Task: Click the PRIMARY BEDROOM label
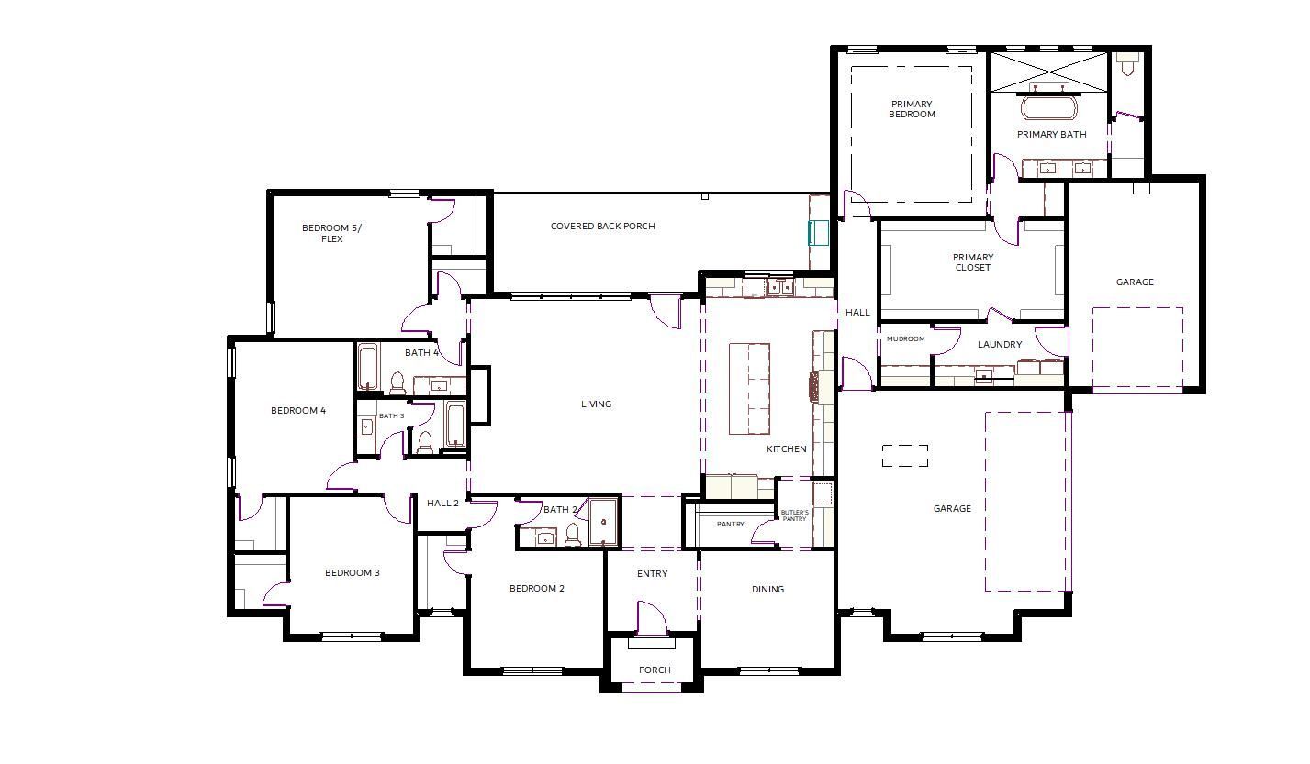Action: pos(912,109)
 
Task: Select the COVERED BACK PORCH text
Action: pos(602,226)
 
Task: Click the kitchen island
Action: pos(749,389)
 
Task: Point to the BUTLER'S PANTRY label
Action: pos(794,515)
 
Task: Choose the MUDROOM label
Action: pos(905,338)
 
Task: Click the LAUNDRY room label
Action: pos(1000,345)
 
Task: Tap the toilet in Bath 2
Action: pos(573,535)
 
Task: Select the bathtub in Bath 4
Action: pos(367,368)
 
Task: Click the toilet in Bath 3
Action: pos(425,443)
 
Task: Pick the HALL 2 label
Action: pos(442,503)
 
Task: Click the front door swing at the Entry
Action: pos(650,617)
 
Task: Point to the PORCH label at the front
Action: pos(655,670)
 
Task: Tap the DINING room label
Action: pos(767,590)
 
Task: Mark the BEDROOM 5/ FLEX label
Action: pos(331,233)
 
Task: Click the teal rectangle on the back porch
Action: pos(818,232)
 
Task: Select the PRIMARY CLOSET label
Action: pos(973,262)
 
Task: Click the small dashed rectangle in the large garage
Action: pos(905,456)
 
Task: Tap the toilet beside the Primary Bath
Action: pos(1127,64)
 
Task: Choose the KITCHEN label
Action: pos(787,449)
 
